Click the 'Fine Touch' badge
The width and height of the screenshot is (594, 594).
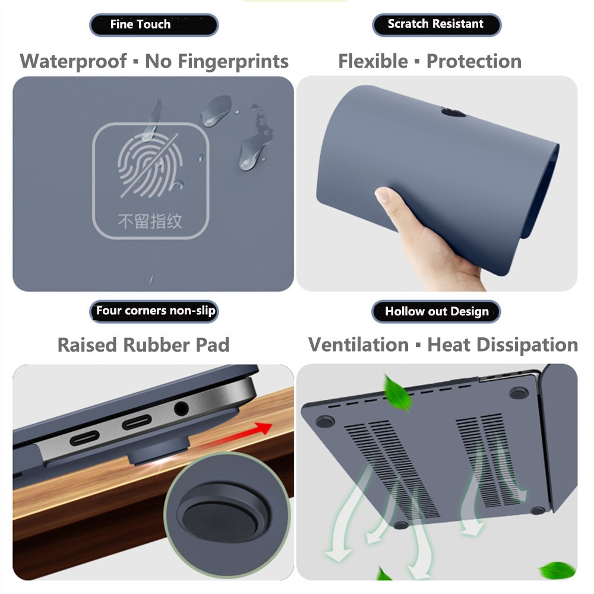(153, 25)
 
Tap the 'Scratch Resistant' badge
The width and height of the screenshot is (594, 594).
(436, 24)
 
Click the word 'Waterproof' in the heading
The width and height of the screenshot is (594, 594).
(73, 61)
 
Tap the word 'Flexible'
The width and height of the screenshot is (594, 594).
(373, 61)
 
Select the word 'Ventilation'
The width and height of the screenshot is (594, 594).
(358, 345)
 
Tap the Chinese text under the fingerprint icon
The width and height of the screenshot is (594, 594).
(150, 222)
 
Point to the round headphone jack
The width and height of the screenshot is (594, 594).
(181, 409)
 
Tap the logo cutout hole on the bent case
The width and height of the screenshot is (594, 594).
(454, 112)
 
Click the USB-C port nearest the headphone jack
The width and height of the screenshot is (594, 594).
(138, 423)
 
